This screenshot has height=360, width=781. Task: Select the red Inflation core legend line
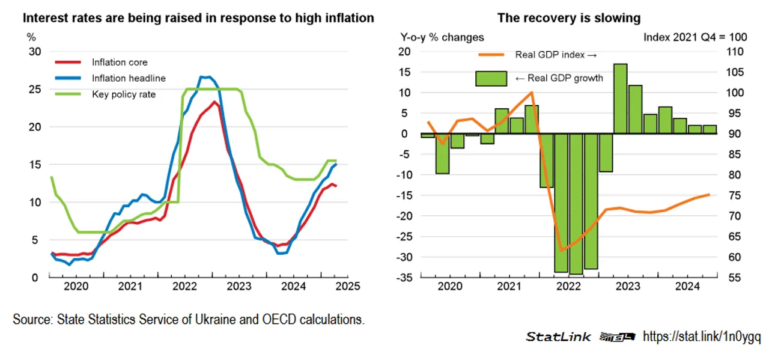(x=68, y=63)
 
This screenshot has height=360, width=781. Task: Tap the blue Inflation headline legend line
(x=68, y=78)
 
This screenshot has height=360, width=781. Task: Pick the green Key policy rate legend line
(x=68, y=94)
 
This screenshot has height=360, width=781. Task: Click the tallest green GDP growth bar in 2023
(x=620, y=99)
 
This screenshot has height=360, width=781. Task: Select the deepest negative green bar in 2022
(x=576, y=204)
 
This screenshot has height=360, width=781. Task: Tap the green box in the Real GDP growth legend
(x=491, y=78)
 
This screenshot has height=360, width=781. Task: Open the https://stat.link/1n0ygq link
(x=702, y=337)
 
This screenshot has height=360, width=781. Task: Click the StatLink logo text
(x=558, y=337)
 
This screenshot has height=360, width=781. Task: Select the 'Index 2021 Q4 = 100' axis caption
(x=695, y=37)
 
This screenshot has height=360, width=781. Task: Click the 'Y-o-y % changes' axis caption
(x=442, y=37)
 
